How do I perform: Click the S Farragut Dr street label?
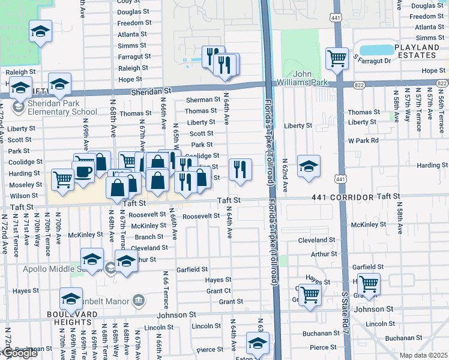pos(372,61)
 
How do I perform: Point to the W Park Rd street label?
pos(363,140)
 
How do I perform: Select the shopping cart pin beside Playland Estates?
pos(337,58)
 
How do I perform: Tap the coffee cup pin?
pos(83,172)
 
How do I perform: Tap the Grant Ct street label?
pos(218,290)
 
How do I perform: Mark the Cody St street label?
pos(128,2)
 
